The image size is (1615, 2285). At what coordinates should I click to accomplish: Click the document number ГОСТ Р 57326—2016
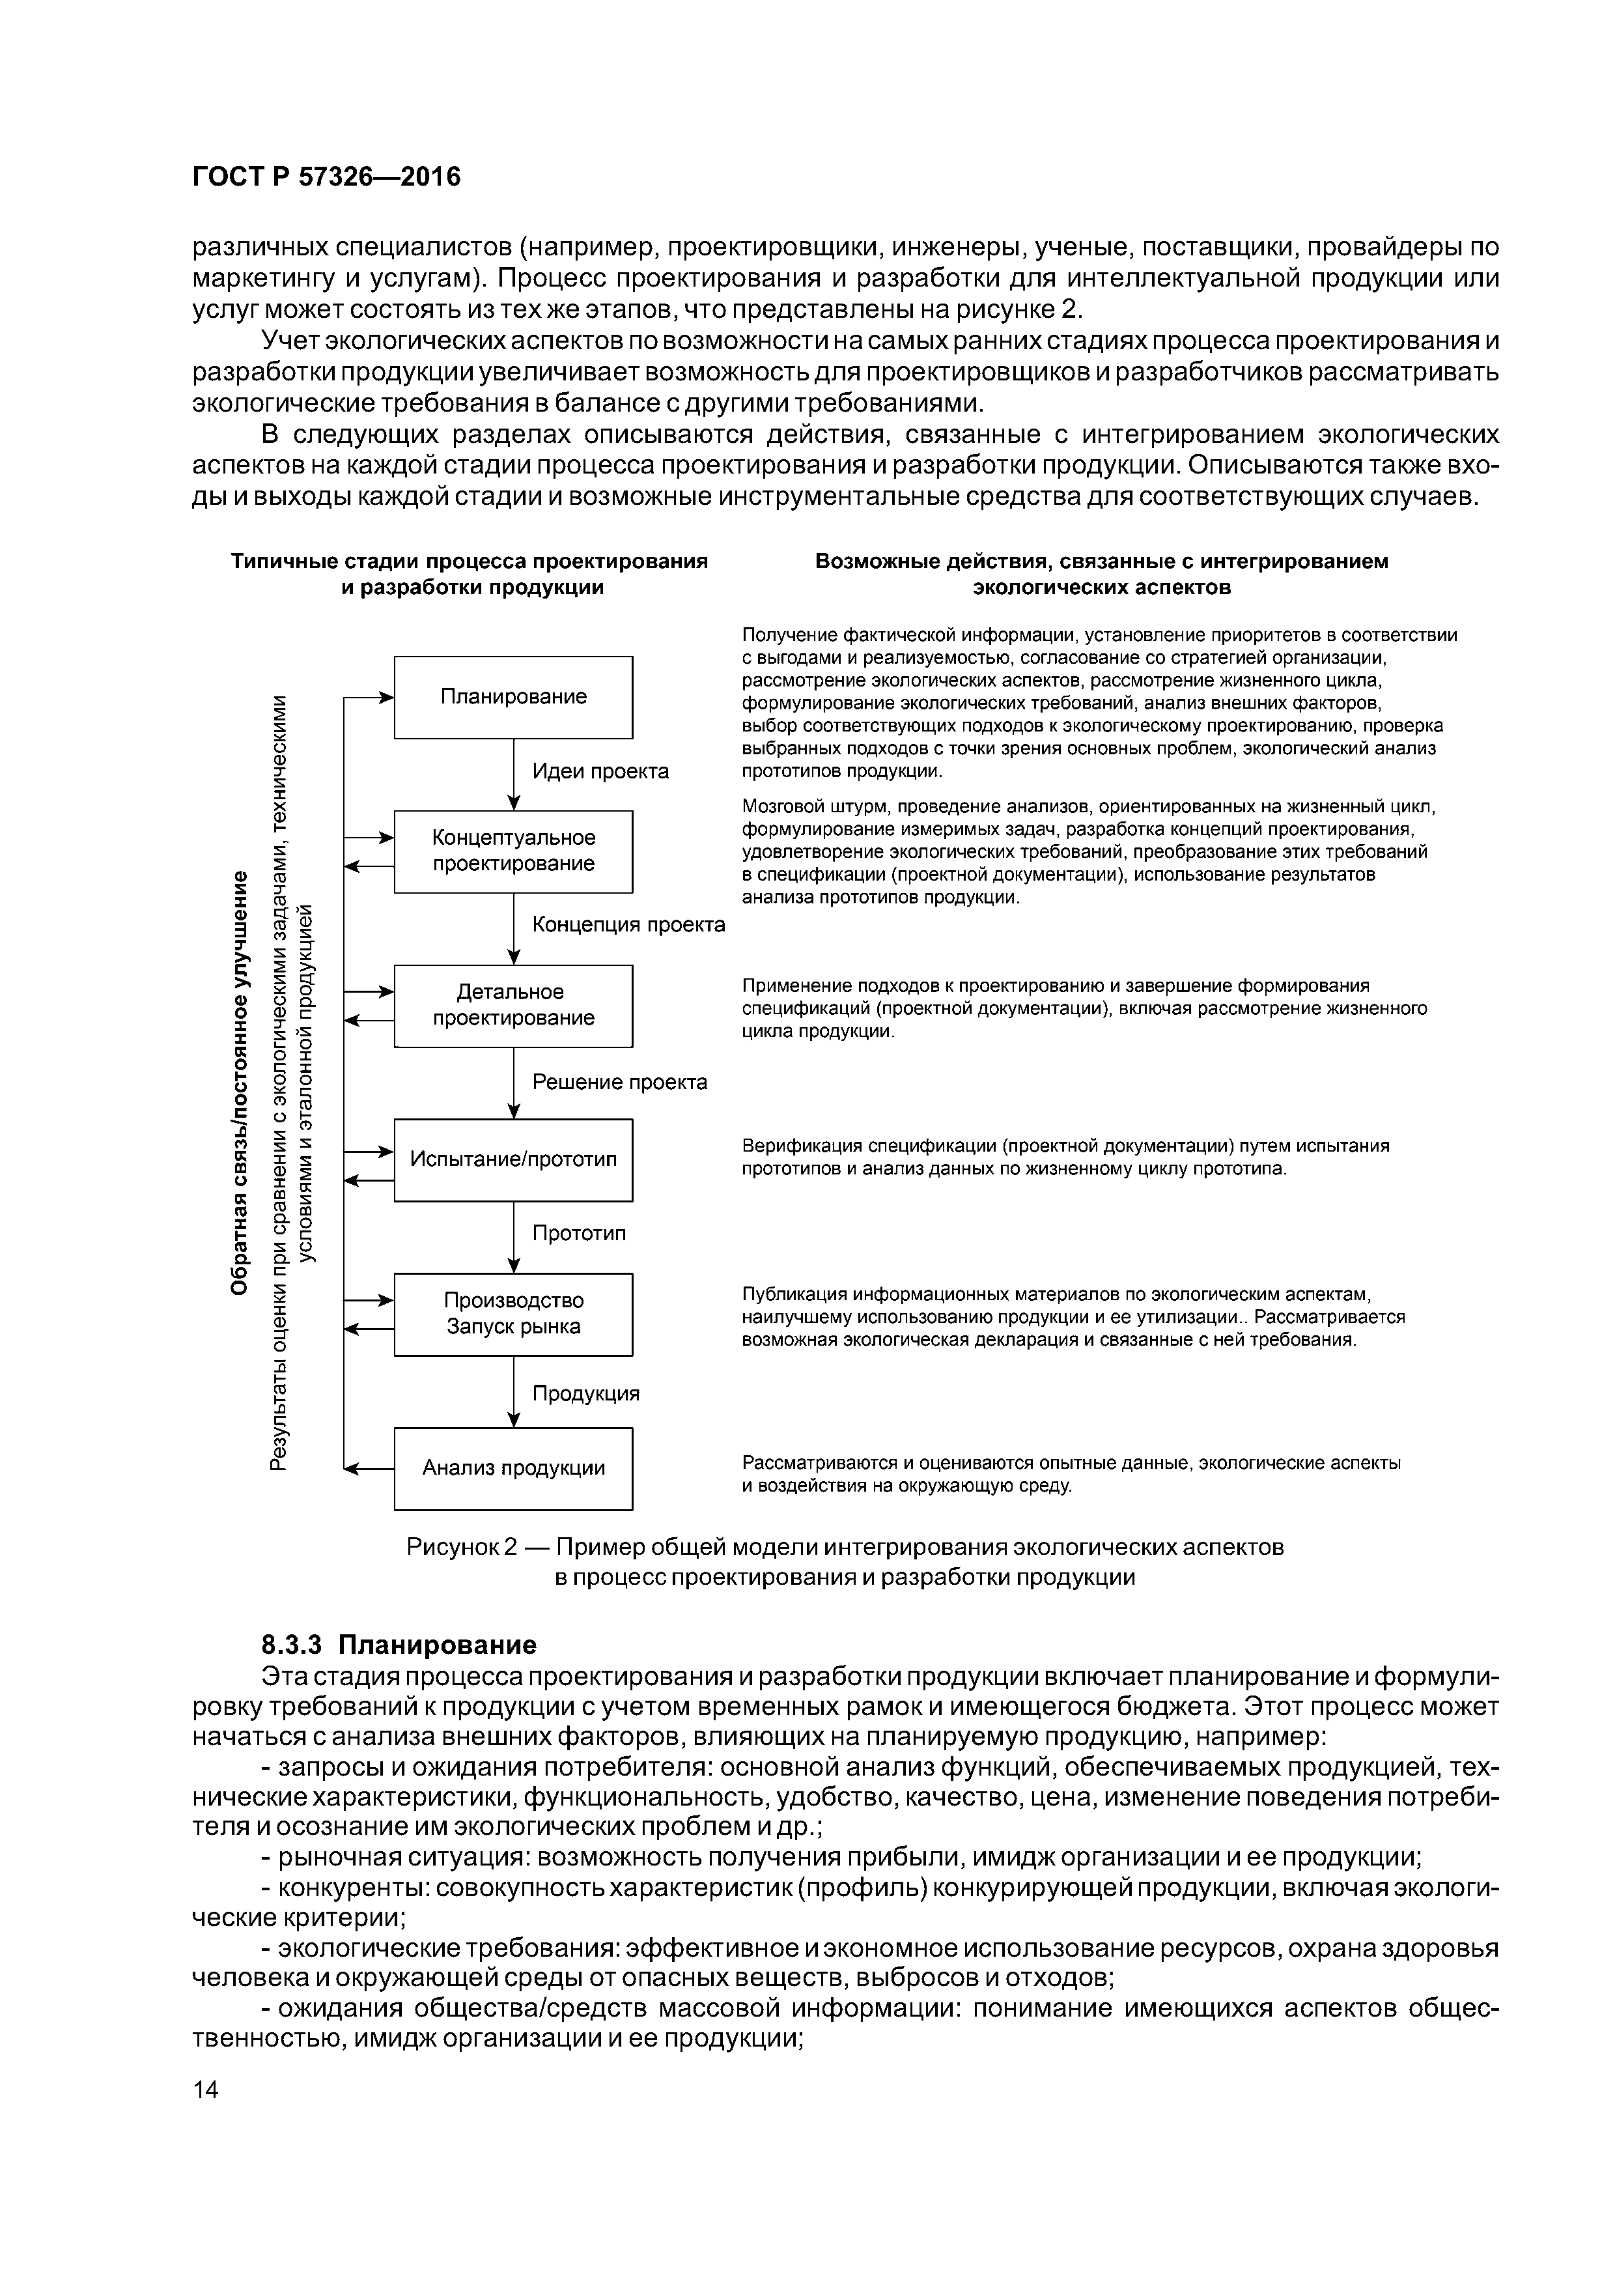[326, 177]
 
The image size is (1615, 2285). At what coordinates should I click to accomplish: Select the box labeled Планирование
[513, 697]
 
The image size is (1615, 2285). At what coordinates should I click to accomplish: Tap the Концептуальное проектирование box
[513, 851]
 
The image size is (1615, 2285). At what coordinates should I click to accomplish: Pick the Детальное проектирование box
[513, 1005]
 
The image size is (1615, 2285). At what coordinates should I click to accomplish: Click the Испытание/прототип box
[513, 1159]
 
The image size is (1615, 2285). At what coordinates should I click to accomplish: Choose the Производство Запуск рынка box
[513, 1314]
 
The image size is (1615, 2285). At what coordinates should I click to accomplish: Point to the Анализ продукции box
[513, 1468]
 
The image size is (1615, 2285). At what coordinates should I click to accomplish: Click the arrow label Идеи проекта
[600, 771]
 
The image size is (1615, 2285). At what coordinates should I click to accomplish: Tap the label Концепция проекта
[629, 924]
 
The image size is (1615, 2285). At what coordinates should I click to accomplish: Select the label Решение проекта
[620, 1082]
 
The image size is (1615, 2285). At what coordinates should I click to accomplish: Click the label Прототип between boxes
[579, 1234]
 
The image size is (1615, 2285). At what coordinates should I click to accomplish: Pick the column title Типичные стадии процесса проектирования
[470, 561]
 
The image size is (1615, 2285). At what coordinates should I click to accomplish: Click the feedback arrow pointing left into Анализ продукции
[368, 1469]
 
